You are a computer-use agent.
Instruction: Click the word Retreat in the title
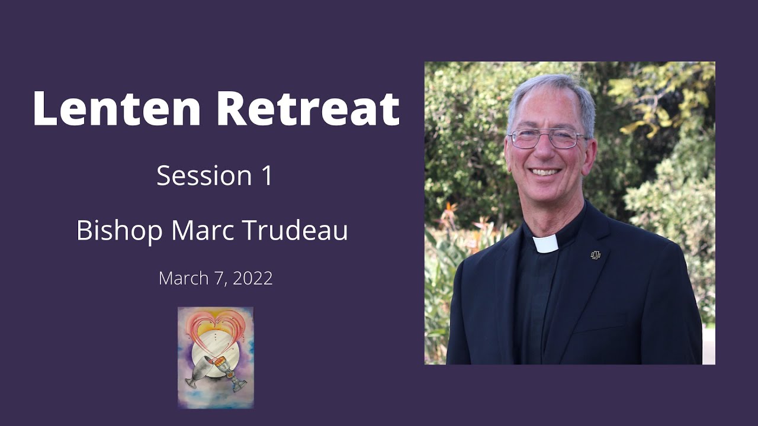click(x=307, y=108)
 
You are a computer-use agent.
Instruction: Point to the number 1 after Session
click(x=266, y=176)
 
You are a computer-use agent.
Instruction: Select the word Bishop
click(x=119, y=231)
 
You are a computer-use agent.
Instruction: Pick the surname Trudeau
click(x=296, y=230)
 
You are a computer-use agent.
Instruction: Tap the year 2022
click(x=252, y=278)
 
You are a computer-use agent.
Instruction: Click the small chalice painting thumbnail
click(x=216, y=357)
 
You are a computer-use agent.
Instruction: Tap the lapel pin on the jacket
click(x=596, y=255)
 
